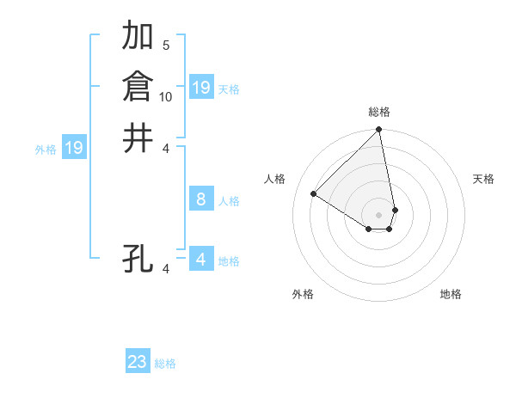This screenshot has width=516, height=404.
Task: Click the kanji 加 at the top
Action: pos(138,36)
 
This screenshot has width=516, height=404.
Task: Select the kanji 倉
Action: pos(138,87)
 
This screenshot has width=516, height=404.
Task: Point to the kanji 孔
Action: pos(138,258)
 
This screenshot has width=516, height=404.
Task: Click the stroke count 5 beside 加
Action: pos(166,46)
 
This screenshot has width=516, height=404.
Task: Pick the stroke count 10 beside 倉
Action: pos(166,96)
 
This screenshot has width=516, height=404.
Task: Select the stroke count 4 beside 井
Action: pos(166,147)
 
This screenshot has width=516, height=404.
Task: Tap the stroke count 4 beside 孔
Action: pos(166,268)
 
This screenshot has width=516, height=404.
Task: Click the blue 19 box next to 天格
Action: pos(200,88)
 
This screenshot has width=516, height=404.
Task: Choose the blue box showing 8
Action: pos(200,199)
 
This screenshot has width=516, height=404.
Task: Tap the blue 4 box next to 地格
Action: pos(200,259)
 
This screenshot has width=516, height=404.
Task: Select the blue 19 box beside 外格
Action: pos(74,148)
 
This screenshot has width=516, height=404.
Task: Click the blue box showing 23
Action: pos(138,362)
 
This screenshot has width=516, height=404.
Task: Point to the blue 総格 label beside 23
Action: pos(165,364)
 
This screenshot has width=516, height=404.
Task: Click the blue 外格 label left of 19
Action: pos(46,150)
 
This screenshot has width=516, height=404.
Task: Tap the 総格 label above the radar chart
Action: pos(379,112)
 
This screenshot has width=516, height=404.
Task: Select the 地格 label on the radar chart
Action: pos(451,294)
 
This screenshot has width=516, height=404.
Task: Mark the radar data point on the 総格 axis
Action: pos(379,131)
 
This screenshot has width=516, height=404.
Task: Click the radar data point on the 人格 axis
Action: pos(314,194)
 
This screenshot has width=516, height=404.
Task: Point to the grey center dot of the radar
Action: pos(379,214)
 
